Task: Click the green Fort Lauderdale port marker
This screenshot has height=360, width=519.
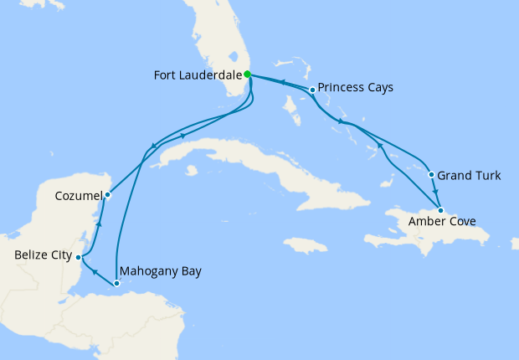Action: (247, 75)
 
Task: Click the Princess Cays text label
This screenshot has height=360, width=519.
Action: (357, 87)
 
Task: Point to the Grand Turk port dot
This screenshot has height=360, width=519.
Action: (431, 175)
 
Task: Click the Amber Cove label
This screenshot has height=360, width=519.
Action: (442, 223)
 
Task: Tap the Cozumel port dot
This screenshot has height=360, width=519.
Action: (107, 196)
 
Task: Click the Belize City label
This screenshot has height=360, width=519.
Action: (43, 255)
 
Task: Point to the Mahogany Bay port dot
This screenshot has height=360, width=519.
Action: (116, 283)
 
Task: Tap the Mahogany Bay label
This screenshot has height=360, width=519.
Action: (161, 272)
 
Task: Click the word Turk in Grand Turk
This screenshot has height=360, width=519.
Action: (487, 176)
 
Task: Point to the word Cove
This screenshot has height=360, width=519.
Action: (462, 223)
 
